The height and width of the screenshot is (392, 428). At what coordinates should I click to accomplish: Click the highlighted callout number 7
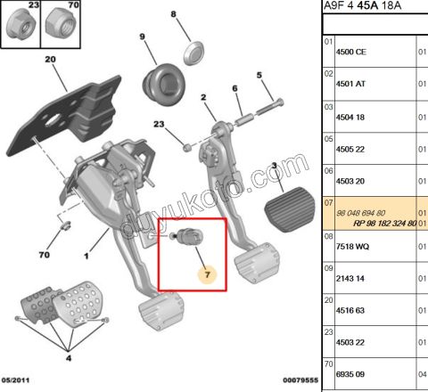tap(207, 274)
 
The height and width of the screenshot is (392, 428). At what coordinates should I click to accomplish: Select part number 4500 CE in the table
tap(351, 52)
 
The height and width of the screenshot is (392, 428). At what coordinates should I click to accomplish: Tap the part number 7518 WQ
tap(352, 247)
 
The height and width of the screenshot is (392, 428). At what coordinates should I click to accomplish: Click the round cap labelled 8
tap(193, 53)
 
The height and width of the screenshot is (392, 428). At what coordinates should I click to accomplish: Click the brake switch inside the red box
tap(188, 236)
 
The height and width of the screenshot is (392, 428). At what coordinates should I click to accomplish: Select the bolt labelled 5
tap(269, 107)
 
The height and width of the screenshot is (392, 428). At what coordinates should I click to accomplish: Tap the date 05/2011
tap(15, 380)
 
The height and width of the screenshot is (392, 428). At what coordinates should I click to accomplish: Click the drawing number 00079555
tap(300, 380)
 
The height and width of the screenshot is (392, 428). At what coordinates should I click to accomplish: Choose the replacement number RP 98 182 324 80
tap(384, 224)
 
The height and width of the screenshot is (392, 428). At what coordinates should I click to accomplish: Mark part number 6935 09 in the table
tap(350, 374)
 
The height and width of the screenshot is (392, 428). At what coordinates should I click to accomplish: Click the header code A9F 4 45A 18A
tap(362, 5)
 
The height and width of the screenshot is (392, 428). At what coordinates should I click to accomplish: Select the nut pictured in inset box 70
tap(61, 24)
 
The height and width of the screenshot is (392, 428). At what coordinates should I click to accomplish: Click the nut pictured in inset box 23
tap(21, 23)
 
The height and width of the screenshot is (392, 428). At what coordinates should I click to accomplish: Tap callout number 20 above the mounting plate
tap(50, 60)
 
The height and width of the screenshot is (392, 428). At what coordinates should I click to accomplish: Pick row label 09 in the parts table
tap(328, 268)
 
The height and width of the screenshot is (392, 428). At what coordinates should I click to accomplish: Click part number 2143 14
tap(350, 279)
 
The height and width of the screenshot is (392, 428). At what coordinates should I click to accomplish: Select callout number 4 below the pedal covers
tap(69, 358)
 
